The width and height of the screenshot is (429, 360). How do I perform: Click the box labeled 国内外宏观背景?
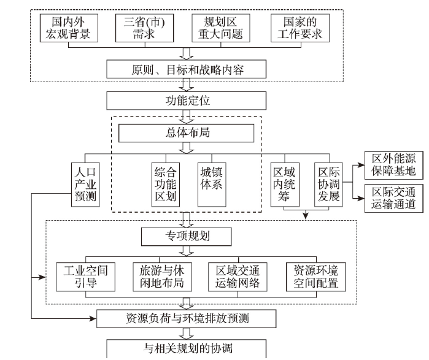tap(69, 28)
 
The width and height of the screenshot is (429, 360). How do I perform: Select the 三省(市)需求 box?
tap(144, 28)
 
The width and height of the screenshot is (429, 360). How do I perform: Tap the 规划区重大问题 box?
tap(221, 28)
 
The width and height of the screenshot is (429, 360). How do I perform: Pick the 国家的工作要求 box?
tap(300, 28)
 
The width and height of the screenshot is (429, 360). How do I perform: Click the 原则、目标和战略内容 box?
tap(187, 69)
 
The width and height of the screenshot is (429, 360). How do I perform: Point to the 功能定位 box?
tap(187, 101)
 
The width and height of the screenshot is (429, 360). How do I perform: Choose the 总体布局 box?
tap(187, 133)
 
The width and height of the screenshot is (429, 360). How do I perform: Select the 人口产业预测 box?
tap(85, 185)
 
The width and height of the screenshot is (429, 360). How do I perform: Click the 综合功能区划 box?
tap(166, 185)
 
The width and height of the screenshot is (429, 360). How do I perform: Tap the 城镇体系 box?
tap(212, 185)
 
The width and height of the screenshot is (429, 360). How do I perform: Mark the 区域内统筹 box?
tap(285, 185)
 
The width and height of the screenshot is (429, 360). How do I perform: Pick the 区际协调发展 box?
tap(328, 185)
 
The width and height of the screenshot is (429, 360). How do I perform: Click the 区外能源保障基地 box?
tap(394, 166)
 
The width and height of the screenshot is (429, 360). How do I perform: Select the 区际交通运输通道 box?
tap(394, 199)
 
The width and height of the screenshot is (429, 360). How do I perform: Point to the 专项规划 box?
tap(187, 237)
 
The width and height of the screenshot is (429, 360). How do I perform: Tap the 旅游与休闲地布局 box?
tap(162, 277)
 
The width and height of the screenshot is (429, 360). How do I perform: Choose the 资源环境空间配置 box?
tap(316, 277)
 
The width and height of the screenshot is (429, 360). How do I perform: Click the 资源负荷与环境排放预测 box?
tap(187, 319)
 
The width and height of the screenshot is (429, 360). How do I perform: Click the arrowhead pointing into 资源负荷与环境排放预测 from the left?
tap(93, 318)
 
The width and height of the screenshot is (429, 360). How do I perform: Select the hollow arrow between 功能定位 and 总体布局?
tap(187, 117)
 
